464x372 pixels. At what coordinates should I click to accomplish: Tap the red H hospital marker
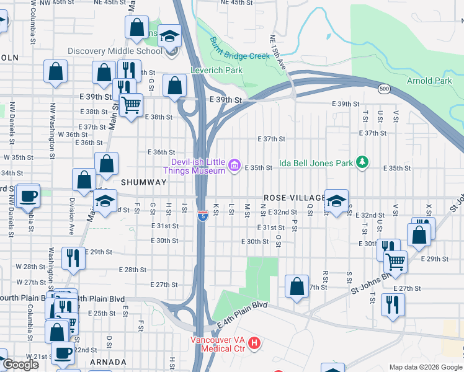coord(254,342)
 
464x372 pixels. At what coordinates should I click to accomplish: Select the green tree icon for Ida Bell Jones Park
coord(362,162)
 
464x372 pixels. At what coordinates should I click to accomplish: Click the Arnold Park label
coord(429,81)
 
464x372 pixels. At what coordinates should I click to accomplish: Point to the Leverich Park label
coord(216,70)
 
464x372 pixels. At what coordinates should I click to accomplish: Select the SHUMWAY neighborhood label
coord(144,182)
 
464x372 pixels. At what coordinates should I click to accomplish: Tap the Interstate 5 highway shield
coord(203,216)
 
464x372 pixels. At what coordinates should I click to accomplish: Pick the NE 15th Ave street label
coord(278,51)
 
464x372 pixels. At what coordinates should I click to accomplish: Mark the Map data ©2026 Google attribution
coord(426,367)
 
